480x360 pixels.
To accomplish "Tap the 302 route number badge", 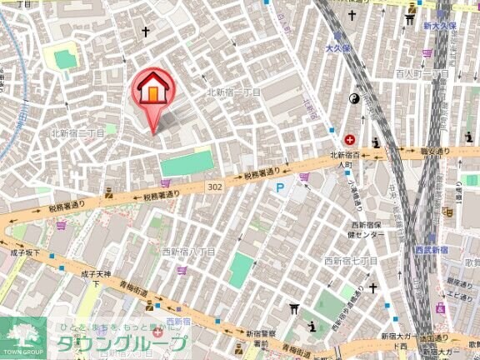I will pos(215,187).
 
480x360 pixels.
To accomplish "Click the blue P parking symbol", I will pos(280,188).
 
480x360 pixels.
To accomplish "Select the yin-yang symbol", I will pos(352,98).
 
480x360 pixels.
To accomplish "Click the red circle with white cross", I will pos(349,139).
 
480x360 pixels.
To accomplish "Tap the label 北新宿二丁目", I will pos(77,132).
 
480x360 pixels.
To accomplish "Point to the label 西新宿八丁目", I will pos(188,252).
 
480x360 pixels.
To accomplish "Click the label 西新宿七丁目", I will pos(351,261).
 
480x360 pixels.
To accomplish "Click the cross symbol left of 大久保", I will pos(352,15).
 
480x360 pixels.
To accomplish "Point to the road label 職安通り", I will pos(434,152).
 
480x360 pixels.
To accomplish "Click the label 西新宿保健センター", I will pos(357,229).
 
